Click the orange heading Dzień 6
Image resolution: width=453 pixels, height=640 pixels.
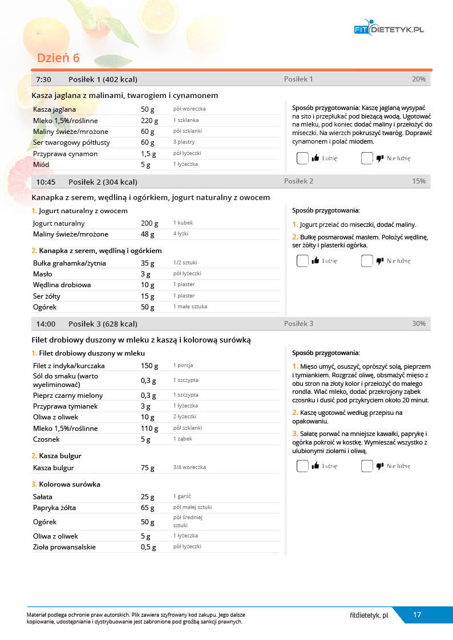(x=58, y=58)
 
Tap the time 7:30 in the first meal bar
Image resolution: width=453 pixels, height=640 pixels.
(x=43, y=79)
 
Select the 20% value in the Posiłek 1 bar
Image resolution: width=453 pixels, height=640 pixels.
(x=418, y=79)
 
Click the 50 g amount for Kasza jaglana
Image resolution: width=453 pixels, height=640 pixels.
(x=148, y=109)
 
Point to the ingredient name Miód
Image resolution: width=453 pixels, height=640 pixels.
(x=41, y=165)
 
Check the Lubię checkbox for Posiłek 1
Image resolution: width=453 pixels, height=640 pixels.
(x=302, y=158)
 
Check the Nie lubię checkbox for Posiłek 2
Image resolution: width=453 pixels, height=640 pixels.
(x=367, y=261)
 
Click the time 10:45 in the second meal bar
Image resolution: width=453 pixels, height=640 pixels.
(x=46, y=182)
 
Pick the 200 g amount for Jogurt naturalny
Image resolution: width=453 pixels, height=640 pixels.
(x=149, y=223)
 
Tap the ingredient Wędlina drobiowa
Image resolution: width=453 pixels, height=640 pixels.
(x=62, y=285)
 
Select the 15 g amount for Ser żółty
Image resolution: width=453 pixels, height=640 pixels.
(x=148, y=296)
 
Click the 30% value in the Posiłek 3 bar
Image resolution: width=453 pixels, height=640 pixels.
(x=418, y=324)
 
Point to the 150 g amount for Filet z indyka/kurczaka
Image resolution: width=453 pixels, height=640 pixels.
(x=149, y=366)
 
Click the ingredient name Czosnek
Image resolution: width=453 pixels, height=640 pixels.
(x=46, y=439)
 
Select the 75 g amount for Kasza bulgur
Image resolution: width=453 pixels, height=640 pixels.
(x=148, y=468)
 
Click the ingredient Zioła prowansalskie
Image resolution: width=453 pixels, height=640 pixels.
(x=64, y=547)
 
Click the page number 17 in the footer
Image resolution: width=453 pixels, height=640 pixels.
(x=417, y=615)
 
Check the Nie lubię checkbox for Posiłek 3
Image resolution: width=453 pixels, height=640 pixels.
(x=367, y=466)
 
